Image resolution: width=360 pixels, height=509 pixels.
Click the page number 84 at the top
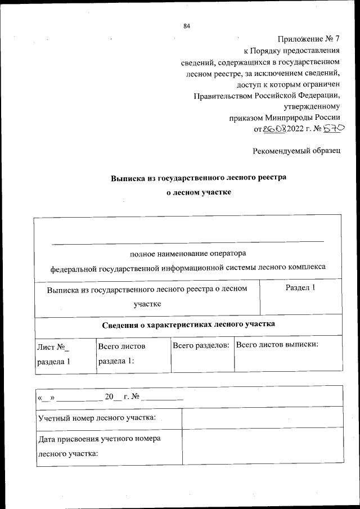187,26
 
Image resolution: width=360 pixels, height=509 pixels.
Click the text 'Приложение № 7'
309,39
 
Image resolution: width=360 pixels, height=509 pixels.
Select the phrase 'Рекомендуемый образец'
296,151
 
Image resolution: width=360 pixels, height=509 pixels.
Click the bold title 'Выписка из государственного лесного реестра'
198,177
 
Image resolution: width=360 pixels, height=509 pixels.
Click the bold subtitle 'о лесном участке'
198,192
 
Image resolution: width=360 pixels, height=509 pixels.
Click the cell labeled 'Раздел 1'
300,287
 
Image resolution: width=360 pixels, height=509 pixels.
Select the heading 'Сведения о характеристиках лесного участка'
188,325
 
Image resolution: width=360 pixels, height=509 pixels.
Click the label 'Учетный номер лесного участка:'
96,417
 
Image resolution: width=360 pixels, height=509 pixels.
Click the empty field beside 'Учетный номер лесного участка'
262,417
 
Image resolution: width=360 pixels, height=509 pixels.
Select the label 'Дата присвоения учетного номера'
99,438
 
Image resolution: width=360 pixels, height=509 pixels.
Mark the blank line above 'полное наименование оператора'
188,241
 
